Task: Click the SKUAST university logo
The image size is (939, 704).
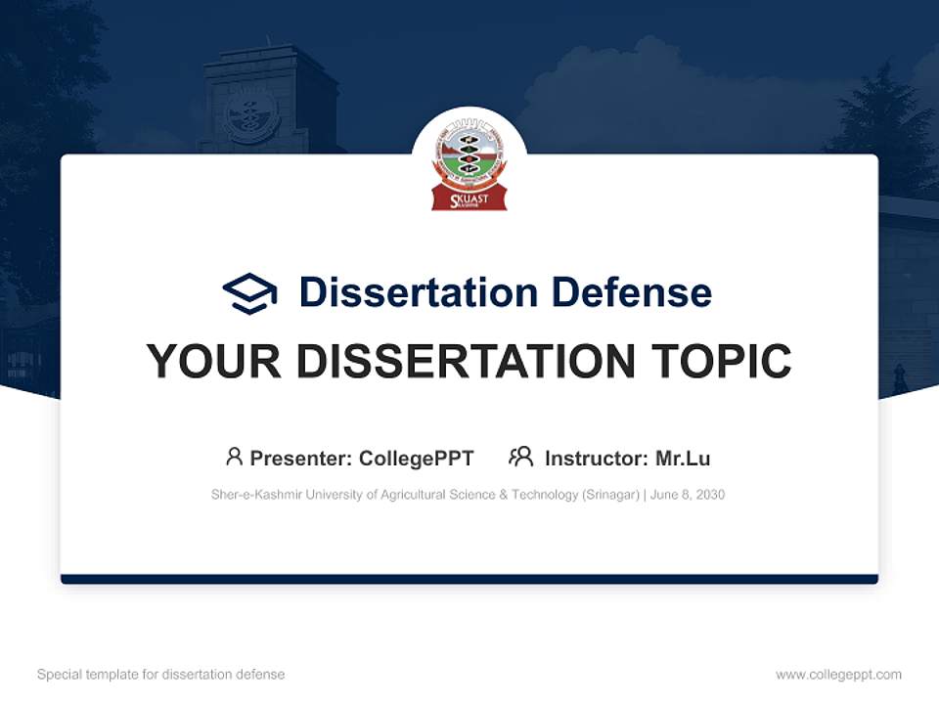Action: click(x=469, y=163)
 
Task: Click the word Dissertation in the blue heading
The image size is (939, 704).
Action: click(x=419, y=292)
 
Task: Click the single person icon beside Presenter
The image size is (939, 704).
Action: click(x=234, y=457)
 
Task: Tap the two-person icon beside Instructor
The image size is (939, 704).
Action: click(x=521, y=457)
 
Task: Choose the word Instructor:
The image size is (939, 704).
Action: click(x=596, y=459)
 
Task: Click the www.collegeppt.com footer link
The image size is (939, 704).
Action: click(x=838, y=675)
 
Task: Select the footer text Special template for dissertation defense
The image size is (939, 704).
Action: click(x=161, y=675)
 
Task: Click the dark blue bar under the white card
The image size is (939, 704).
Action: click(x=469, y=579)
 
